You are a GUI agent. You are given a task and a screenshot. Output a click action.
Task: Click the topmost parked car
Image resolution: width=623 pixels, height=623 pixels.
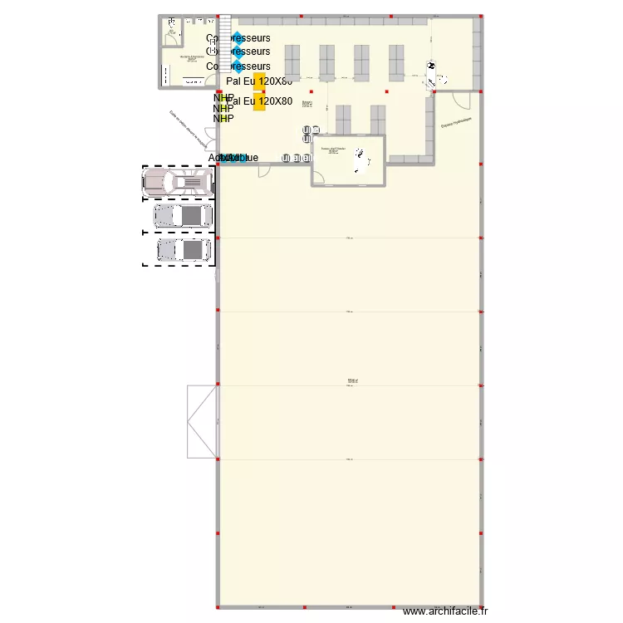tap(178, 182)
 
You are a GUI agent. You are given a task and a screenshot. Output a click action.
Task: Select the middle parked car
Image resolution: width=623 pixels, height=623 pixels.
tap(183, 216)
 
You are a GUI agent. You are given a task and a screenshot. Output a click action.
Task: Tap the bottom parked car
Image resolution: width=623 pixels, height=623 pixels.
tap(184, 249)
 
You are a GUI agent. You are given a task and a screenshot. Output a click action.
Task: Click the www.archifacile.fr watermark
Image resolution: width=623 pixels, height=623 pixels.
tap(444, 612)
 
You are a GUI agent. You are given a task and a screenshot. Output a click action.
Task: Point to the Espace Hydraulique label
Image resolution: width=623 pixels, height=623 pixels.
tap(456, 122)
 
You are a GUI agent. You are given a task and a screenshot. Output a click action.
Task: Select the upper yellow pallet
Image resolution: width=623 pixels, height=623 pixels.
tap(259, 81)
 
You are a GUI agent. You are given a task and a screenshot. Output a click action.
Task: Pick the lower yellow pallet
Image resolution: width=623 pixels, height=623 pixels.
tap(259, 101)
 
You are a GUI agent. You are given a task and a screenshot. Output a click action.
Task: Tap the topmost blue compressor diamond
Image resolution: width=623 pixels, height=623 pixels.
tap(238, 37)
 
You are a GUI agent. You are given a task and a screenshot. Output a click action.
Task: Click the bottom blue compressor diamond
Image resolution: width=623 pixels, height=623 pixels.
tap(238, 65)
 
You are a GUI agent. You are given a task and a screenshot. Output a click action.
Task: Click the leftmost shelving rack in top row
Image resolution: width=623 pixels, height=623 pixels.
tap(293, 62)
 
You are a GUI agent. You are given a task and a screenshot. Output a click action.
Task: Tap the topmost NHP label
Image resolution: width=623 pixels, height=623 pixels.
tap(223, 98)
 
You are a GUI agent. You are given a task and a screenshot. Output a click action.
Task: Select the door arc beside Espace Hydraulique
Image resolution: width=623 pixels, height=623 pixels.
tap(463, 100)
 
